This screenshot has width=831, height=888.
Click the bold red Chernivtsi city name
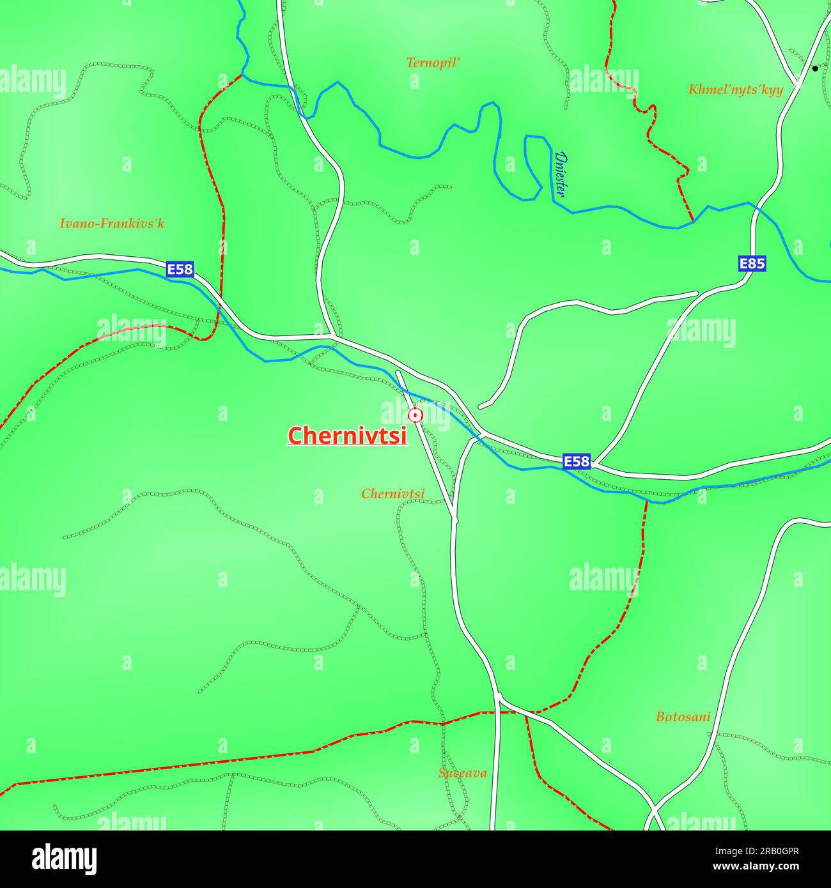347,436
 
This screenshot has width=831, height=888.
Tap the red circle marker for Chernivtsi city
415,416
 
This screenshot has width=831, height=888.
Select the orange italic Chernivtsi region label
392,494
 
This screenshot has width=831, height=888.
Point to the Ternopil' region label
433,63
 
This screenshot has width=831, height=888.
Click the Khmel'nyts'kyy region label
735,89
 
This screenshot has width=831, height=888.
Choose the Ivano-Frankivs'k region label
112,224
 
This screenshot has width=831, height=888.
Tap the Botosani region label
683,717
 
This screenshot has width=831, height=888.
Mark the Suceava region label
462,773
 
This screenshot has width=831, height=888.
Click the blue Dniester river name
561,174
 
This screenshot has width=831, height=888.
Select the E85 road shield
752,263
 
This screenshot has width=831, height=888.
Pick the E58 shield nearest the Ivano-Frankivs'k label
180,270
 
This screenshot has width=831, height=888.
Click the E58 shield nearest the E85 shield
577,461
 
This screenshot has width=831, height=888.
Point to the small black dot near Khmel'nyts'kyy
814,68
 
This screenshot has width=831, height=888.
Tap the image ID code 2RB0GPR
776,852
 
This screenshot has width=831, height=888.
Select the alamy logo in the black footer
64,859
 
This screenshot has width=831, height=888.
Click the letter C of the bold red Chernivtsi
295,436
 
